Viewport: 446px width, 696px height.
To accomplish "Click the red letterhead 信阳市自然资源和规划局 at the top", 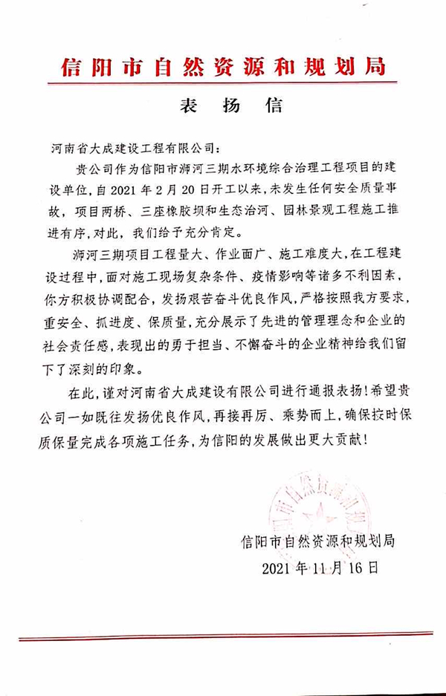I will click(x=223, y=68).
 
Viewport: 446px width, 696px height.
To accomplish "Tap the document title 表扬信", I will click(x=231, y=105).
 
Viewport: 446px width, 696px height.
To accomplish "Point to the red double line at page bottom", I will click(x=223, y=638).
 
